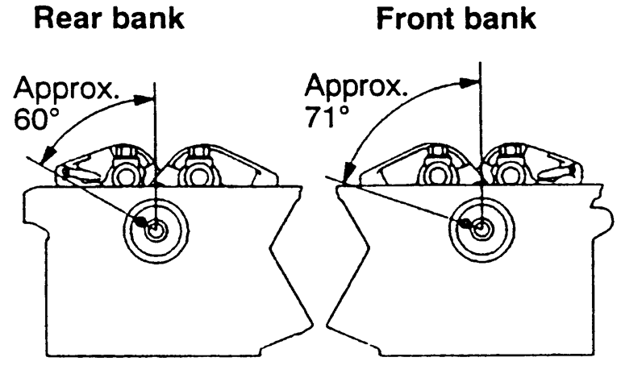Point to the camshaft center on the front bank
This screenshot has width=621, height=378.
pyautogui.click(x=480, y=228)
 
